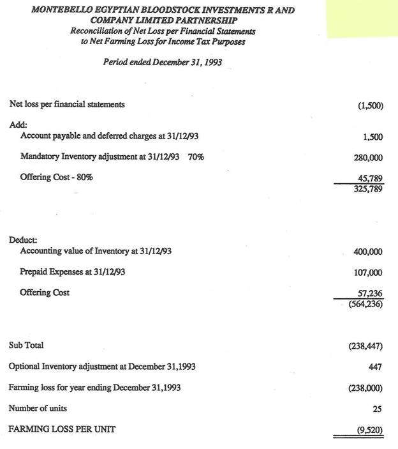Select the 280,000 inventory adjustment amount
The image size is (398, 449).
coord(367,156)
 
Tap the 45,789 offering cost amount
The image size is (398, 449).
coord(369,179)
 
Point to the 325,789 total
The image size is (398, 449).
coord(368,189)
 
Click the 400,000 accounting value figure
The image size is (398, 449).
coord(367,252)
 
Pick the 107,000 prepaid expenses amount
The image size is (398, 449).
coord(367,273)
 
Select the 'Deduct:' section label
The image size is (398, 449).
coord(23,240)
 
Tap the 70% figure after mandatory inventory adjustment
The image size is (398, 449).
coord(196,156)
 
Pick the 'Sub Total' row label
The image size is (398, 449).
coord(26,345)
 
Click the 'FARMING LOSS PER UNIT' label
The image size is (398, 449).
coord(62,429)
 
